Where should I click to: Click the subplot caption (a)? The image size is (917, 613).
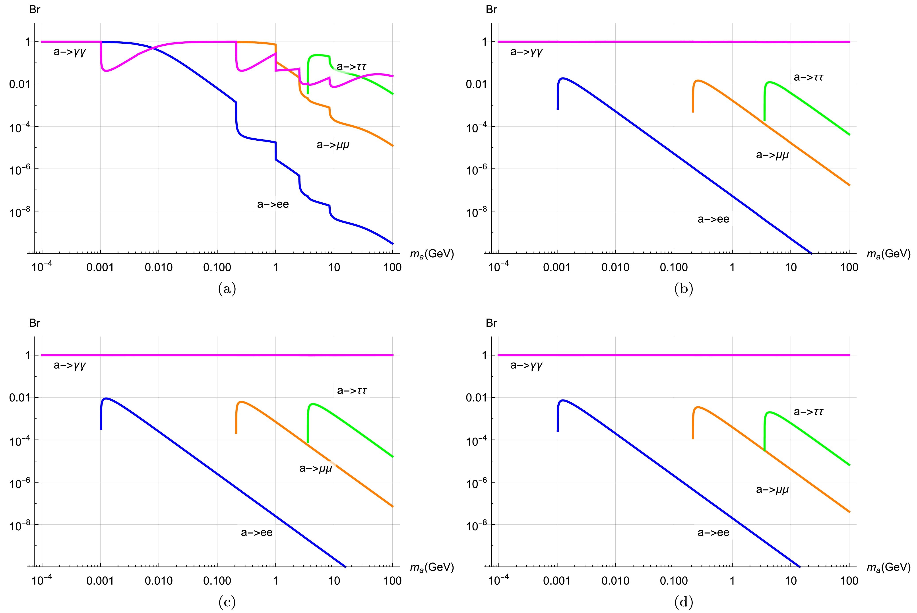(x=227, y=289)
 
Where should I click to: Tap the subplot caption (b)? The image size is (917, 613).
(x=684, y=289)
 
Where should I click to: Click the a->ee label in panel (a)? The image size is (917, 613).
(x=273, y=204)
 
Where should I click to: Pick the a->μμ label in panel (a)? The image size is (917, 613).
(x=333, y=145)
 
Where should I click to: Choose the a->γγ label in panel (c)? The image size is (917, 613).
(x=70, y=366)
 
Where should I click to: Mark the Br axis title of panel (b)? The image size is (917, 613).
(x=491, y=10)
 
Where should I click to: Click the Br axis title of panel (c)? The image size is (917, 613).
(x=35, y=323)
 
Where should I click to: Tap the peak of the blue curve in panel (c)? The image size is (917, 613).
(x=106, y=398)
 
